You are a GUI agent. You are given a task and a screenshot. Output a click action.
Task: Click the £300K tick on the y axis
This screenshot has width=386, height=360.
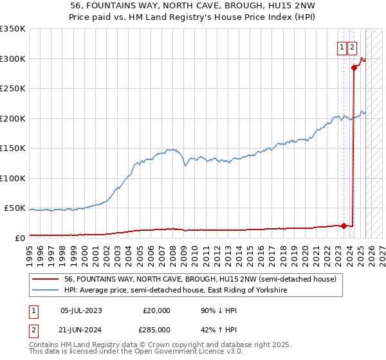pyautogui.click(x=12, y=59)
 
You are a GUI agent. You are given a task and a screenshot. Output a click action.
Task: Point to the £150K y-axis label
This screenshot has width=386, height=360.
pyautogui.click(x=12, y=148)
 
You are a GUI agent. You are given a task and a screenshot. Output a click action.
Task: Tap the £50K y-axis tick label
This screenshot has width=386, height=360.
pyautogui.click(x=14, y=208)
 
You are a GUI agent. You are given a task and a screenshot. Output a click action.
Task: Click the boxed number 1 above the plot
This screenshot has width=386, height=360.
pyautogui.click(x=342, y=47)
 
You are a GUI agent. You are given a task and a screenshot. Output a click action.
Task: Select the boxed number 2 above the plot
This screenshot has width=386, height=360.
pyautogui.click(x=352, y=47)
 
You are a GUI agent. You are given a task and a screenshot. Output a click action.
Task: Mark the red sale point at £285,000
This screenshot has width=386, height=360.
pyautogui.click(x=354, y=67)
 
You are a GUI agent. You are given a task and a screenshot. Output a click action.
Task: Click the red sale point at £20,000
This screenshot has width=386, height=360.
pyautogui.click(x=344, y=226)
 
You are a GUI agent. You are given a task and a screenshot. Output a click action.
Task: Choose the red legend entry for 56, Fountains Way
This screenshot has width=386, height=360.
pyautogui.click(x=200, y=280)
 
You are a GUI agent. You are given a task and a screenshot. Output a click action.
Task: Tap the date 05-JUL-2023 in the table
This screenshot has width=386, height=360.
pyautogui.click(x=81, y=310)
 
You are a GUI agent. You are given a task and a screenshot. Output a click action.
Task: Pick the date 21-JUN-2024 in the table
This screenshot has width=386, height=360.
pyautogui.click(x=81, y=330)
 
